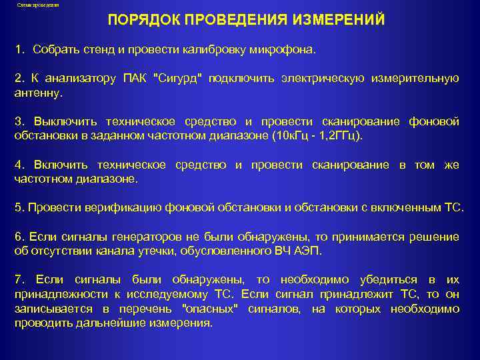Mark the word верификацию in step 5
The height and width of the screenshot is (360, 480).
(103, 207)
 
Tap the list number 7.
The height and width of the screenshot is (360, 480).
(19, 280)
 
